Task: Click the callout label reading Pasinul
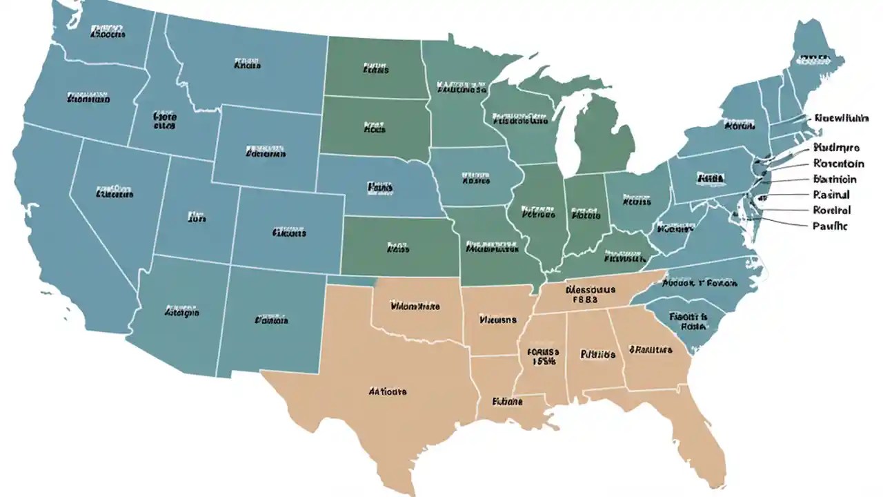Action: coord(831,195)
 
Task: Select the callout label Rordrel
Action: coord(831,211)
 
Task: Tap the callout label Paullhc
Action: coord(830,226)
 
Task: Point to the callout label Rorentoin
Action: coord(839,164)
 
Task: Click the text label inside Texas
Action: coord(387,391)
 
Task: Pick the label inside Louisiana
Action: coord(507,401)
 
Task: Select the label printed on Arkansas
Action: coord(497,320)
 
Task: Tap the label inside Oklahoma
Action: coord(415,306)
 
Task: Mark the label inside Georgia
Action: coord(651,350)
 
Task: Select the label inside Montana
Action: coord(247,66)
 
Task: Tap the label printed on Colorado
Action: coord(288,233)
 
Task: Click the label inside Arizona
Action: coord(182,312)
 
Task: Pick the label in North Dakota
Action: coord(375,69)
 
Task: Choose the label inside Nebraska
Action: coord(380,187)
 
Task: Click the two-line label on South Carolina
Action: coord(689,322)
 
